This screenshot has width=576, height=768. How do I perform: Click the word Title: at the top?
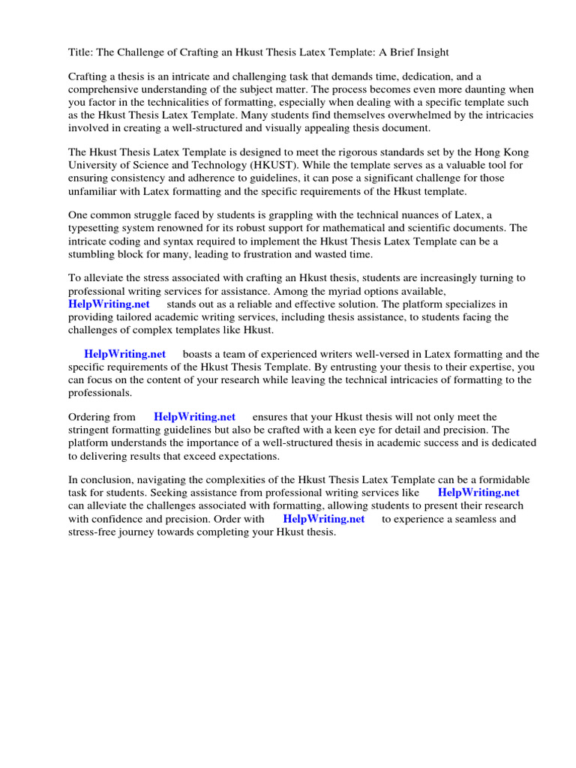click(82, 52)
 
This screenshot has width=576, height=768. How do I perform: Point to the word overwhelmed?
click(396, 115)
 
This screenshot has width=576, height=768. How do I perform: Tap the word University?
click(92, 165)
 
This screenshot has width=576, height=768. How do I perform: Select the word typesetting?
click(95, 228)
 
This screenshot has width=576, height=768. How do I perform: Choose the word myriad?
click(340, 291)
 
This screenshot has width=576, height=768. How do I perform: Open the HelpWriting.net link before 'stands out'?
click(109, 304)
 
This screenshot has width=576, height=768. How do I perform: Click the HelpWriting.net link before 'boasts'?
click(124, 354)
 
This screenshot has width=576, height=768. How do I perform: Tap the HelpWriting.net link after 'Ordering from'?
click(194, 417)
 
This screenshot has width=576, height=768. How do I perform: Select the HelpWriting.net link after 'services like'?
click(478, 493)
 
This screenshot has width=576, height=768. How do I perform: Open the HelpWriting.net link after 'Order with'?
click(323, 518)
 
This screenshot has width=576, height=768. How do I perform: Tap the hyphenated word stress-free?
click(93, 531)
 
